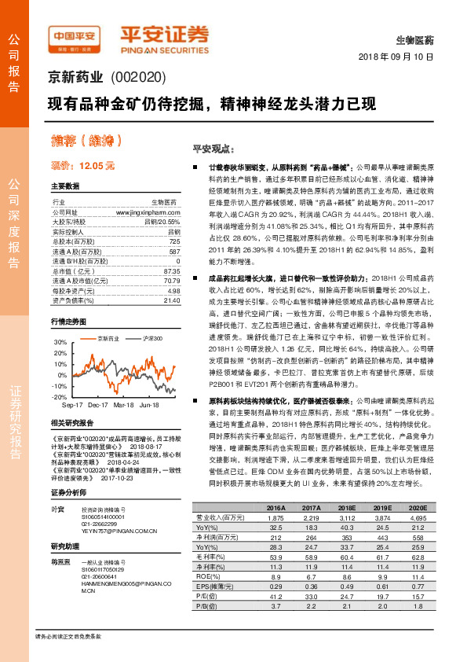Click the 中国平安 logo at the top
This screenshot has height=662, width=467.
click(74, 37)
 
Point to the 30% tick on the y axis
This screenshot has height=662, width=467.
click(60, 343)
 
